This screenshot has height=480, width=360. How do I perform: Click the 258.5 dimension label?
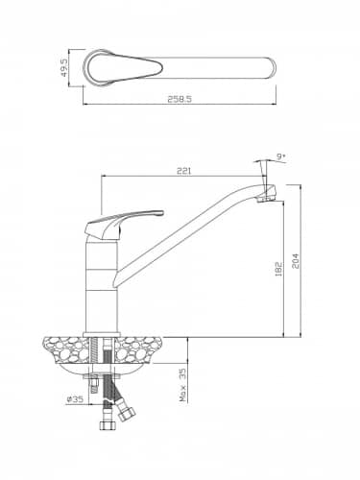click(x=180, y=99)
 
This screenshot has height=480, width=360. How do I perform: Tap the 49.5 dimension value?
click(x=64, y=67)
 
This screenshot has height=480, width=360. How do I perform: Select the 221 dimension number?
click(x=183, y=171)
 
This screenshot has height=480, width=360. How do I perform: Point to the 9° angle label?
click(x=281, y=156)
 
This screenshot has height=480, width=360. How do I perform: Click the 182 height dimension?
click(x=278, y=269)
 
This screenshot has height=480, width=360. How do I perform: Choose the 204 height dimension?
click(x=296, y=261)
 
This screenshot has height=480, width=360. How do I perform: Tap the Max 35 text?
click(x=182, y=384)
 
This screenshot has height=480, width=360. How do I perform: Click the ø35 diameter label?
click(x=75, y=399)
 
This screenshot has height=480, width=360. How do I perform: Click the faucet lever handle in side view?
click(x=123, y=223)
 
